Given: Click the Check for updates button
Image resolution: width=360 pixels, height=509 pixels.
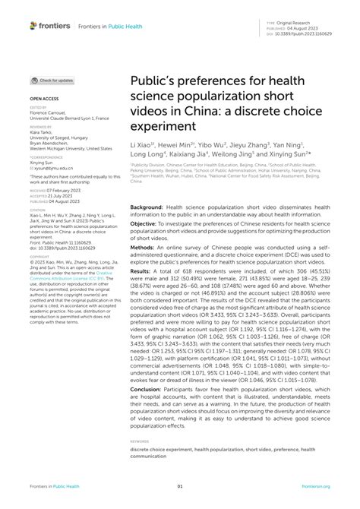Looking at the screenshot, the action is (52, 80).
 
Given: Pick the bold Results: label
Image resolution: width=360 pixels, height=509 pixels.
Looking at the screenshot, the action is (145, 270).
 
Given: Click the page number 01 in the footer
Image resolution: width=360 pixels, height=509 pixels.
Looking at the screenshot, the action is (180, 487).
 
